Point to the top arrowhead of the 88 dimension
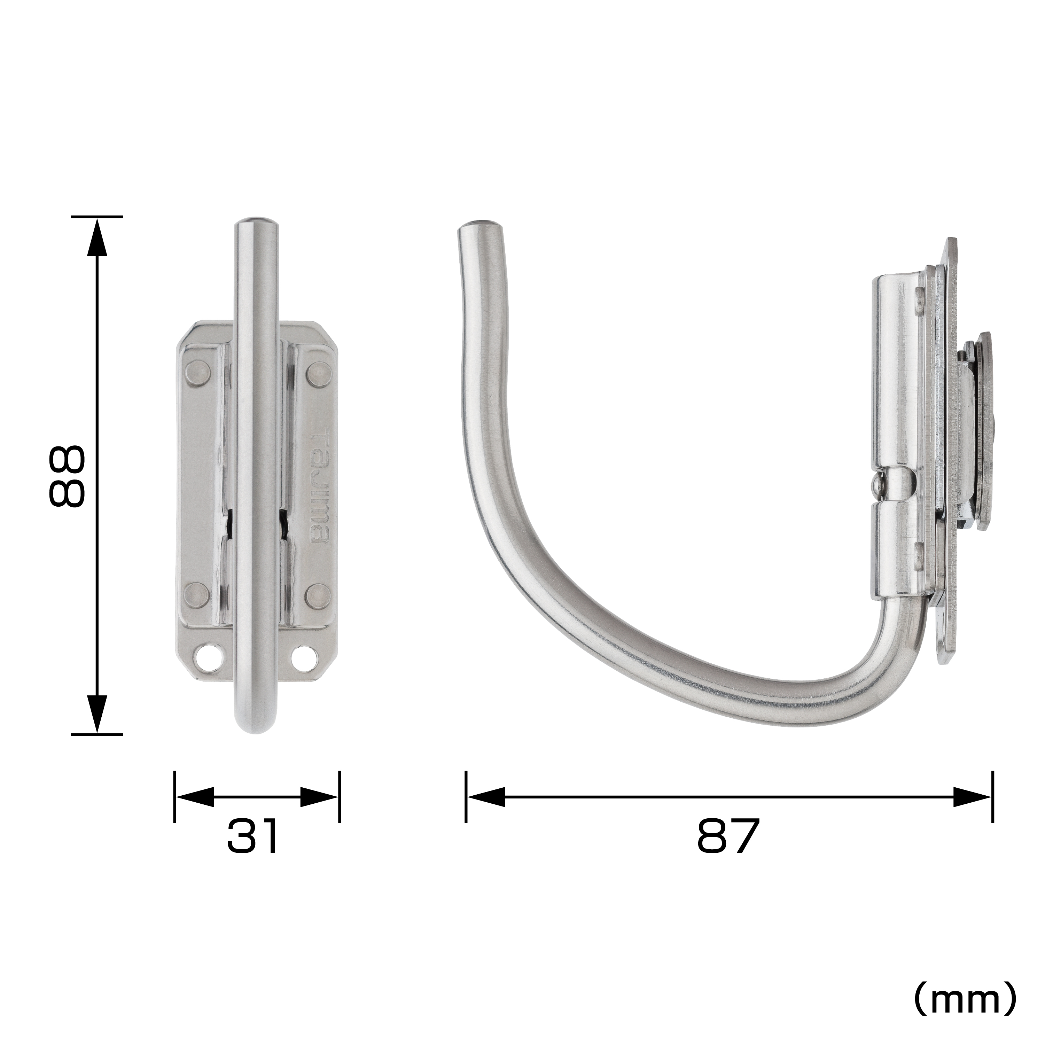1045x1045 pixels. (97, 235)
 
